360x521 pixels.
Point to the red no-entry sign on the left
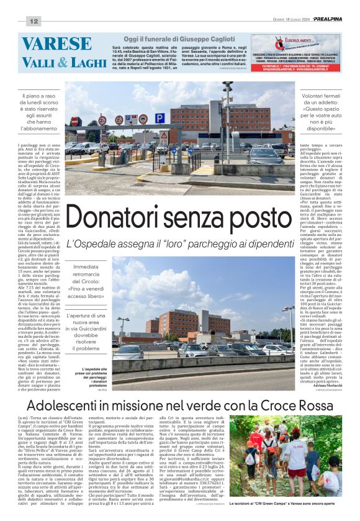(x=76, y=122)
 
